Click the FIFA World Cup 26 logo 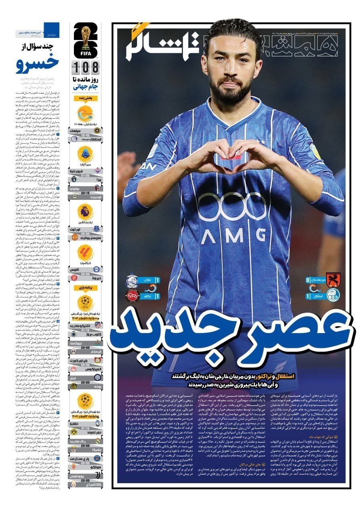(x=85, y=41)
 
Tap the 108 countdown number (x=85, y=66)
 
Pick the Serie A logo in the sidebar (x=85, y=154)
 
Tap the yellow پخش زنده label (x=85, y=98)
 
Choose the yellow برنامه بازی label (x=85, y=288)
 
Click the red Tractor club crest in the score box (x=132, y=296)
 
